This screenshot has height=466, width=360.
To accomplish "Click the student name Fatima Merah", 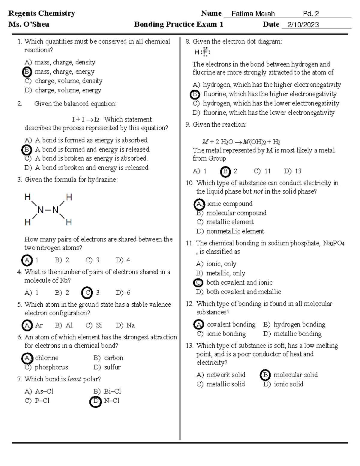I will click(x=253, y=14).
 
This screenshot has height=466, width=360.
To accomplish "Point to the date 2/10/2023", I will click(x=303, y=25).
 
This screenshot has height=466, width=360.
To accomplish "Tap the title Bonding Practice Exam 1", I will click(x=178, y=24).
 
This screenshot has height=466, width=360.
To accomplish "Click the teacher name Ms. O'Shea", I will click(x=29, y=24).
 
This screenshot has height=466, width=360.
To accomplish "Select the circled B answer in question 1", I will click(x=27, y=72).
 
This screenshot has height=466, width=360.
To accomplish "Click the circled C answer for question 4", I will click(x=87, y=293).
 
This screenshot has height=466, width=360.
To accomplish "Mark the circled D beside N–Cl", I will click(x=95, y=401).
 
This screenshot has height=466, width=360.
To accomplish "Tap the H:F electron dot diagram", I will click(x=202, y=52).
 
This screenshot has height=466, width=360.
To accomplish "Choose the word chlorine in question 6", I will click(x=46, y=358).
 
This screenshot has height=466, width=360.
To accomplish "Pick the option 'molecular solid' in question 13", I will click(x=295, y=375).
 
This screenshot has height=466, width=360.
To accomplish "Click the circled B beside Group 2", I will click(x=225, y=171).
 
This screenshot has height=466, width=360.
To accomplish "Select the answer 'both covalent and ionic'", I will click(x=239, y=282).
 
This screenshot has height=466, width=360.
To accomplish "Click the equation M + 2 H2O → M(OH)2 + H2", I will click(x=241, y=142).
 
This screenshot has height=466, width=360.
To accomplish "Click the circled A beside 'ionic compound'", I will click(x=199, y=204).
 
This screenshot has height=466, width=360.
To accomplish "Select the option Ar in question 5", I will click(x=39, y=325).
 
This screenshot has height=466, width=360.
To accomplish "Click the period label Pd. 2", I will click(x=311, y=14).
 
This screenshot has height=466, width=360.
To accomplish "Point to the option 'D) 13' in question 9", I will click(x=292, y=171).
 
